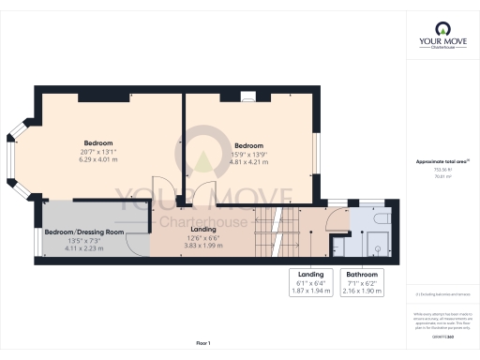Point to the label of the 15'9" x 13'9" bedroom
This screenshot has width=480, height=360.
click(x=248, y=145)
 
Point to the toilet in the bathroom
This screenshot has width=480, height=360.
click(x=376, y=248)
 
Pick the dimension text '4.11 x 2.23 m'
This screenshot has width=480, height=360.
click(x=82, y=248)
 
